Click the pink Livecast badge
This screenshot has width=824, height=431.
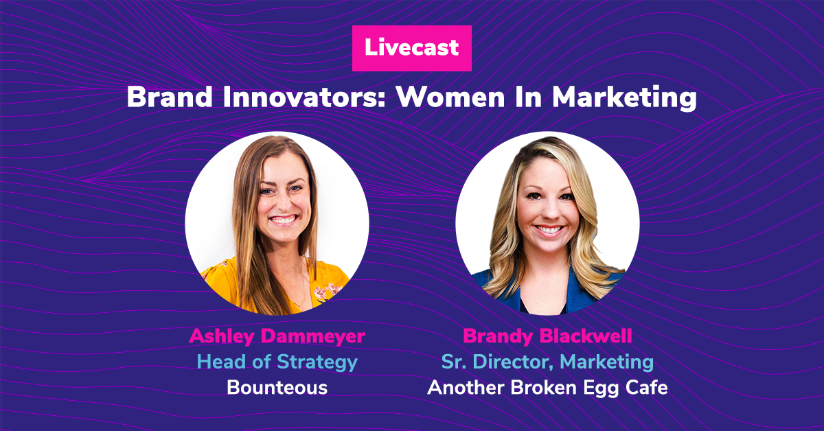click(411, 48)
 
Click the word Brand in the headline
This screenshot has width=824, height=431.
click(170, 97)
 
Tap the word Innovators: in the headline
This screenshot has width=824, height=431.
click(304, 97)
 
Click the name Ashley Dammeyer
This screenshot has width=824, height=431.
click(277, 336)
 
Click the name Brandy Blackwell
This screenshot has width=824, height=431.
click(547, 336)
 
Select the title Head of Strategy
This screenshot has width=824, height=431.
click(277, 362)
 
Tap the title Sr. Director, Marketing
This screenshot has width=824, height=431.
click(547, 362)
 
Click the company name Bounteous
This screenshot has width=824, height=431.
click(277, 388)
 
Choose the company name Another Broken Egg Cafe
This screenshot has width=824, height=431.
click(547, 388)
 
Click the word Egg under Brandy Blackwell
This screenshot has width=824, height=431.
click(599, 389)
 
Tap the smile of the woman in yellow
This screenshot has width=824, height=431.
click(283, 220)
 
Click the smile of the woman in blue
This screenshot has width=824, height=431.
click(549, 230)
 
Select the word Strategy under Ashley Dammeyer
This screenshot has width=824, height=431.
click(317, 362)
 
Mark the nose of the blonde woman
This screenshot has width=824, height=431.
click(549, 212)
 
